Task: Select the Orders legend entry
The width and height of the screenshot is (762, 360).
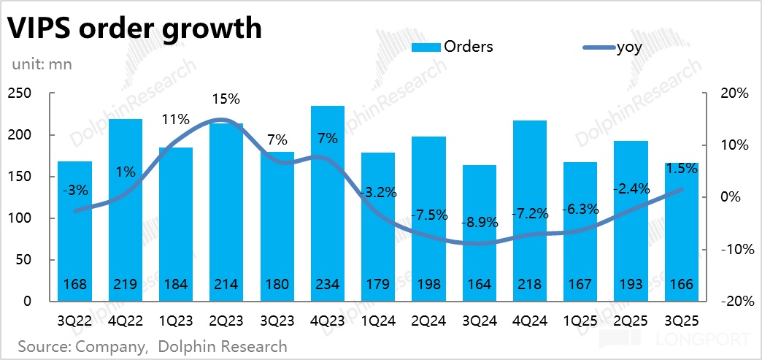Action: (x=453, y=47)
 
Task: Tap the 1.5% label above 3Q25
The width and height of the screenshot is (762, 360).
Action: (x=682, y=168)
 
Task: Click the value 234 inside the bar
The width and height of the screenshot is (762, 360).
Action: (x=327, y=285)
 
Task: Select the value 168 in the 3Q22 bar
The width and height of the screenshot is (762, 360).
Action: (x=75, y=285)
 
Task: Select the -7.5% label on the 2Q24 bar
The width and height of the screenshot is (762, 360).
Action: (x=428, y=215)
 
